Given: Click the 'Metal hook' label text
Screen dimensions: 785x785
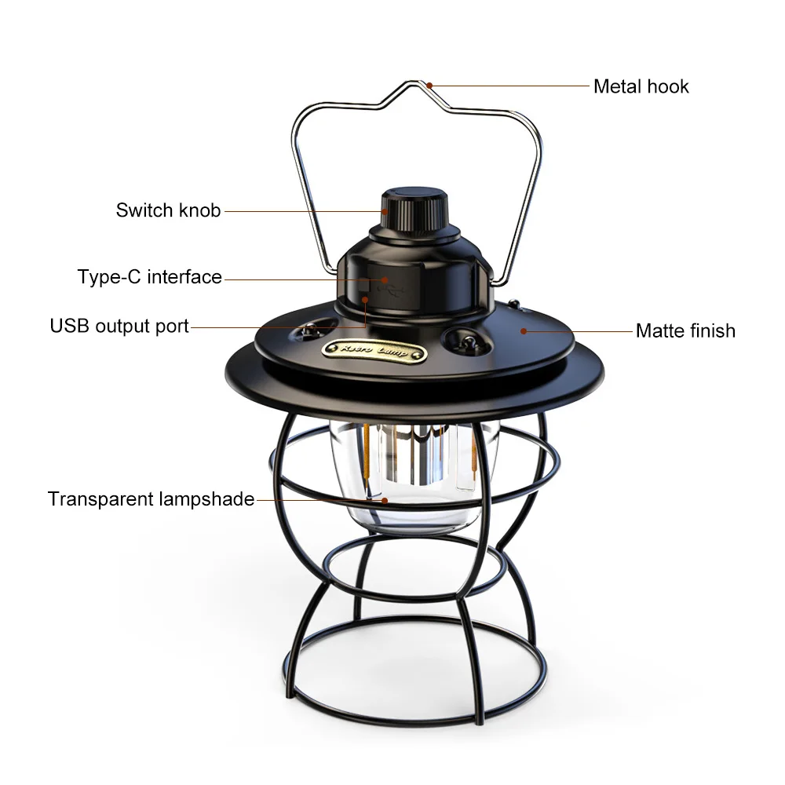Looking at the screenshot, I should pos(641,86).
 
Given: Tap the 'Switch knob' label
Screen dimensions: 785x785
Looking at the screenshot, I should pos(168,210).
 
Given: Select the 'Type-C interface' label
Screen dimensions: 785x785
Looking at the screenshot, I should pos(149,277).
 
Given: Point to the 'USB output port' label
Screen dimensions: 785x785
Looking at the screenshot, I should pos(119,326).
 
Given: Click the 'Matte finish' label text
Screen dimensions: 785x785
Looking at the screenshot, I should pos(685,330).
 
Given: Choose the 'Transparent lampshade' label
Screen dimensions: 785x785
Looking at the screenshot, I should pos(151,499).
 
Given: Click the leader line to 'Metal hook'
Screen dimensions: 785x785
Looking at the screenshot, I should pos(510,85).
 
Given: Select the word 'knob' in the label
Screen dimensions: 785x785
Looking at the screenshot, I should pos(199,210).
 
